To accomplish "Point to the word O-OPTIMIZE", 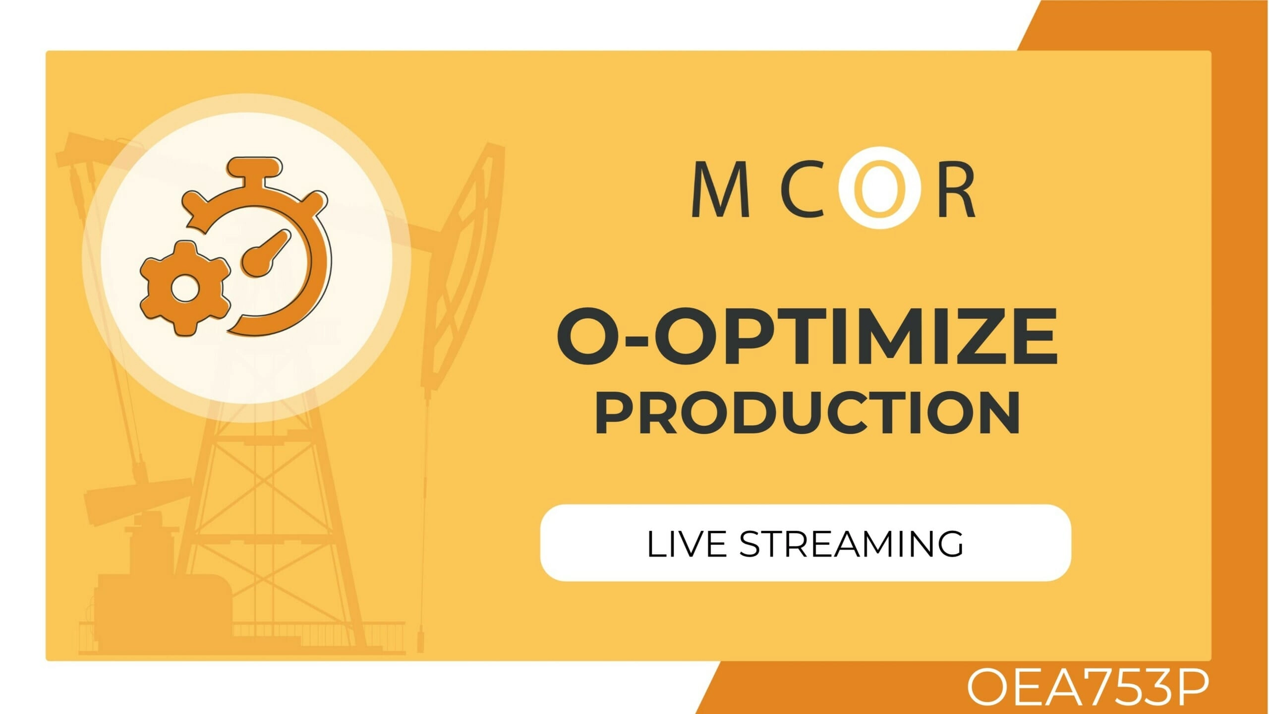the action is (808, 336).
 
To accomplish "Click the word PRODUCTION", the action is (807, 413).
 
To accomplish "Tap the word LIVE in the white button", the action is (686, 544).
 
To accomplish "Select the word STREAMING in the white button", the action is (851, 544).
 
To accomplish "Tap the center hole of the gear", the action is (184, 288).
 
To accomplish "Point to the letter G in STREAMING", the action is (949, 544).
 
